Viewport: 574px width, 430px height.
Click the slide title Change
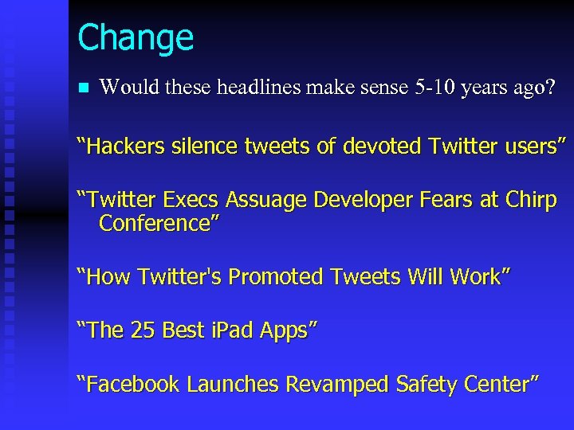tap(136, 37)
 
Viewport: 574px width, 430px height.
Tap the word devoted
tap(380, 147)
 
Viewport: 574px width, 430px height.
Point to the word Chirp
tap(531, 201)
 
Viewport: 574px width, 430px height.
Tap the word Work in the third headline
tap(475, 277)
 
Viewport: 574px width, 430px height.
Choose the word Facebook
tap(132, 385)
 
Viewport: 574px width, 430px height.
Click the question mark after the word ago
tap(548, 87)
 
